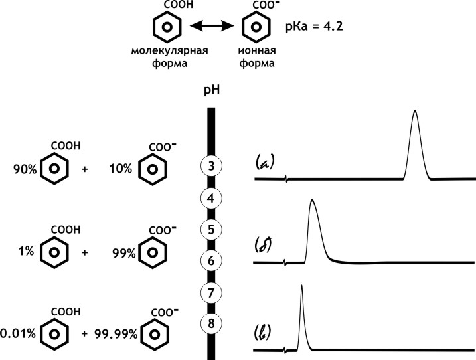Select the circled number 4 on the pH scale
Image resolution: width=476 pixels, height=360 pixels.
pos(210,197)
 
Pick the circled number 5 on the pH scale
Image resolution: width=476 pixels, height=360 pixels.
pos(210,229)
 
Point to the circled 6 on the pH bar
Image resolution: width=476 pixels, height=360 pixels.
pos(210,260)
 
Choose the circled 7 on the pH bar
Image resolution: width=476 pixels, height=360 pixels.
pos(210,292)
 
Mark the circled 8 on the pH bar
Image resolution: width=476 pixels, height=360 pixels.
pos(210,324)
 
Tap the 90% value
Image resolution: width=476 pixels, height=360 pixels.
pos(24,169)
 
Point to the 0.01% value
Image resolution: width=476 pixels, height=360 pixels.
pos(16,333)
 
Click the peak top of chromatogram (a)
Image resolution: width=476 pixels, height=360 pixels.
pos(415,111)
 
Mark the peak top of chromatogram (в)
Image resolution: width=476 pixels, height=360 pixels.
pos(301,286)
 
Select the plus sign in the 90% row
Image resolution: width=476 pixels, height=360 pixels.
pos(84,169)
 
